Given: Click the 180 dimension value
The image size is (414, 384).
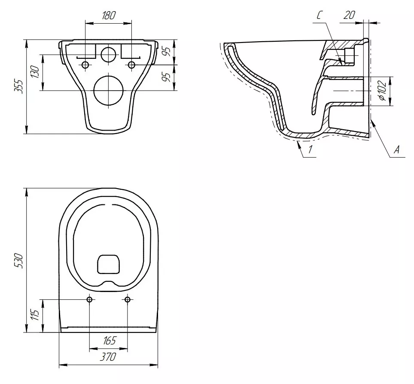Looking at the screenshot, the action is (109, 15).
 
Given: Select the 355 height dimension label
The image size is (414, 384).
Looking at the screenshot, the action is (18, 86).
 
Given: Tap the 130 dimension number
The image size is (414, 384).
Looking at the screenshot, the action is (35, 72).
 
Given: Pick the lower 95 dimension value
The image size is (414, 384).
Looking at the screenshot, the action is (166, 76).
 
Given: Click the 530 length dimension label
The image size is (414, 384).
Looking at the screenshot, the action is (18, 261).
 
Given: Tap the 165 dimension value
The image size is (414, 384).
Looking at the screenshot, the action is (109, 341).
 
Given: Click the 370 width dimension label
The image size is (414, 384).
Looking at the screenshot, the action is (108, 357).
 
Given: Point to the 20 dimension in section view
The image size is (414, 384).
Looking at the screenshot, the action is (349, 15).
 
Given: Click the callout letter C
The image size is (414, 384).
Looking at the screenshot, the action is (320, 15).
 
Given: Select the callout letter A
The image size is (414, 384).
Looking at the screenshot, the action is (396, 150).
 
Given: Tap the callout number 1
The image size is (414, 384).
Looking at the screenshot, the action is (310, 149).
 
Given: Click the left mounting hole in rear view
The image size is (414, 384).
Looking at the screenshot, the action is (85, 65).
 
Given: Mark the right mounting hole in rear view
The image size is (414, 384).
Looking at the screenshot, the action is (131, 65).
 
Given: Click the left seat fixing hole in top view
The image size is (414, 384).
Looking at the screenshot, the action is (89, 299).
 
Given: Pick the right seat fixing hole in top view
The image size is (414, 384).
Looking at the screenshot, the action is (128, 299).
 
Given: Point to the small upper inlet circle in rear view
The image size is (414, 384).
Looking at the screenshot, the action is (109, 54).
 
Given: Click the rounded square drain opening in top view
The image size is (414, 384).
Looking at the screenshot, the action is (109, 264).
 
